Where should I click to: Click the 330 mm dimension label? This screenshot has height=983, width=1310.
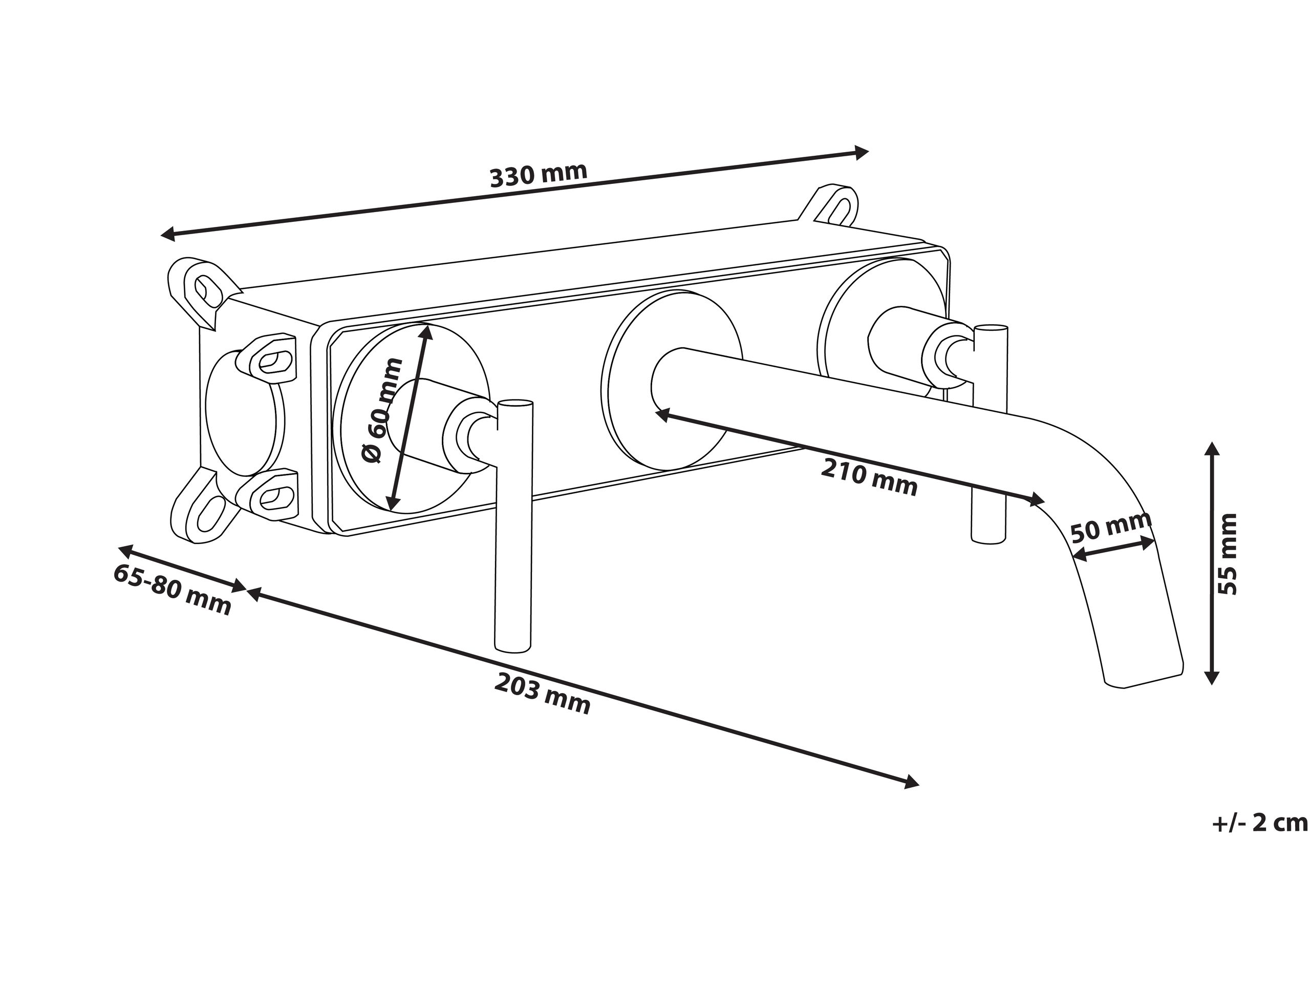[x=539, y=175]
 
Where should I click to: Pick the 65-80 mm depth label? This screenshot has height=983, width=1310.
[x=171, y=590]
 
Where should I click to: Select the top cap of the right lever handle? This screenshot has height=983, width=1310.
[x=990, y=328]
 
